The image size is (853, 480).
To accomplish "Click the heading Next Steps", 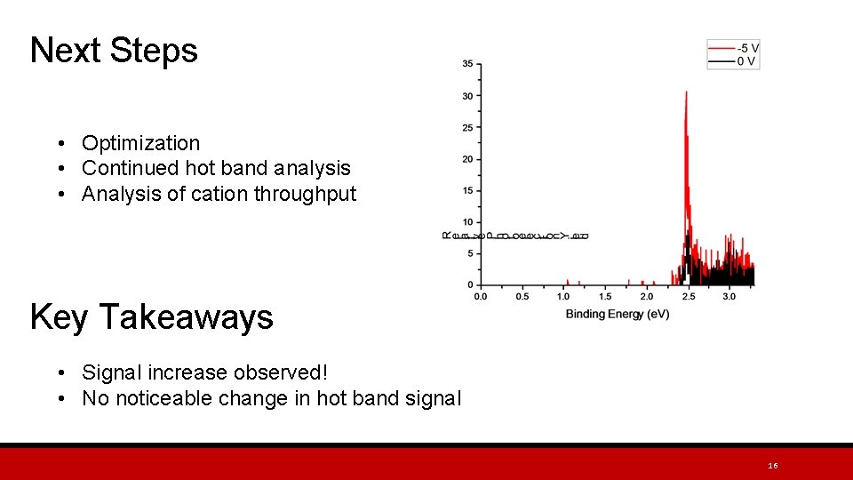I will [114, 51].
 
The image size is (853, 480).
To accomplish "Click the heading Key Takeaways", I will [151, 317].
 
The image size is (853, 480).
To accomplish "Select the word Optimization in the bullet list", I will [140, 143].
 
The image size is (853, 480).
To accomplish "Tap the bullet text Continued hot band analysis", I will [216, 168].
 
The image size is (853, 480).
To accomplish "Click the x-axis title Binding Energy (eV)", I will [617, 314].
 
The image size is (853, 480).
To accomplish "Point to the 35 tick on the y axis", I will [467, 64].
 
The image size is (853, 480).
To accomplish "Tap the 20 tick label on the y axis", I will [467, 159].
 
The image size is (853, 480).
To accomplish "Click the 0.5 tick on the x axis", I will [522, 296].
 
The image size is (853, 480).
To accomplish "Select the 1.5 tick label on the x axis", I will [604, 296].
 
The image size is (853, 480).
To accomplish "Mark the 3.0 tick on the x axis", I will [729, 296].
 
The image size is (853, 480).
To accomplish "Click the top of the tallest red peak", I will [686, 92].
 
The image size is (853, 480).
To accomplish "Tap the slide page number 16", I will [772, 466].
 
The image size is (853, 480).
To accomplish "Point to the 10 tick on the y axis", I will [467, 222].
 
